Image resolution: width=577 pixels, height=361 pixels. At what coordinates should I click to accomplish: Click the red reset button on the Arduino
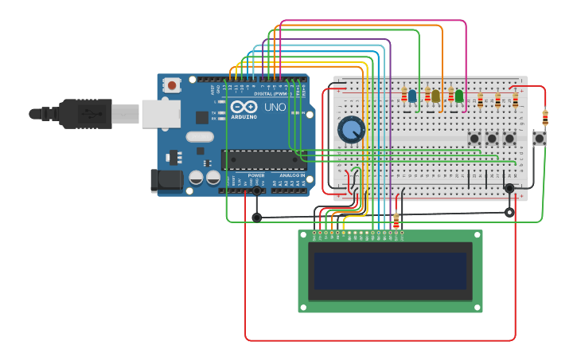[172, 84]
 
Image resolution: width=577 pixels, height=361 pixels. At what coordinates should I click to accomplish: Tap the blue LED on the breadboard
[411, 96]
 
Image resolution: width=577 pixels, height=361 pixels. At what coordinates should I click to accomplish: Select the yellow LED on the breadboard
[435, 96]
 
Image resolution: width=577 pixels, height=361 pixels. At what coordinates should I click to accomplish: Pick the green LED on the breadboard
[459, 96]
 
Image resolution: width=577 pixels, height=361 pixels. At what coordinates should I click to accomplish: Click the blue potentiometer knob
[350, 129]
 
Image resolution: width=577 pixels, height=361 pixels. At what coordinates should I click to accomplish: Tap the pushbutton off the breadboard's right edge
[540, 138]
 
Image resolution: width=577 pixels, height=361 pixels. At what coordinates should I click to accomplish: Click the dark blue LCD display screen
[390, 271]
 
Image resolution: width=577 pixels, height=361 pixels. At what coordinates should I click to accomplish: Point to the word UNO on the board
[275, 107]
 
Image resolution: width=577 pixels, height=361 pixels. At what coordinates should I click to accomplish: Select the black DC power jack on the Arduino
[166, 180]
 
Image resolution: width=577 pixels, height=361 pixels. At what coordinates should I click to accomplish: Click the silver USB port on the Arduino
[161, 114]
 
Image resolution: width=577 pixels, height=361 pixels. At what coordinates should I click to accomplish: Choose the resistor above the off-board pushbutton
[545, 117]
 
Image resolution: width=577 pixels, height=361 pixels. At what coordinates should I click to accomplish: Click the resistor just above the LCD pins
[396, 220]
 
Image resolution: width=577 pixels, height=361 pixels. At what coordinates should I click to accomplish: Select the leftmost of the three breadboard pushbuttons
[474, 139]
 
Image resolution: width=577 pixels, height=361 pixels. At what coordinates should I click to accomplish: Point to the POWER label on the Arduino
[256, 175]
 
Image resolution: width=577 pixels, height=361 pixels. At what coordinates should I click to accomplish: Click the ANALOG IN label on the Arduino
[291, 175]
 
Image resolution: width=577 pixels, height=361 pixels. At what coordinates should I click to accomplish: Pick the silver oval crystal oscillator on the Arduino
[200, 136]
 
